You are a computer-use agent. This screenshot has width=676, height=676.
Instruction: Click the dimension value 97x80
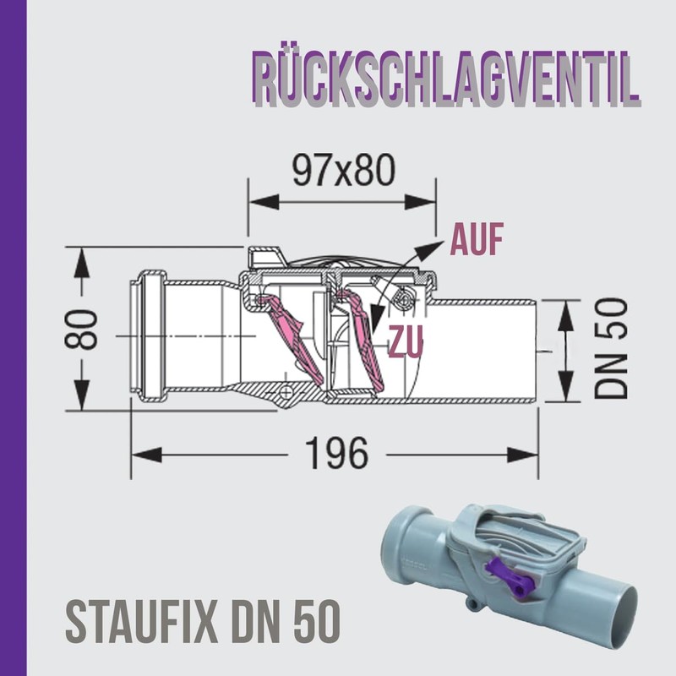pos(343,172)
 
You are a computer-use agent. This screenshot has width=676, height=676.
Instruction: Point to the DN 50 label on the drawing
pos(609,347)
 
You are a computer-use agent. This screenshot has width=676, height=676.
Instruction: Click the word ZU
pos(406,341)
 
